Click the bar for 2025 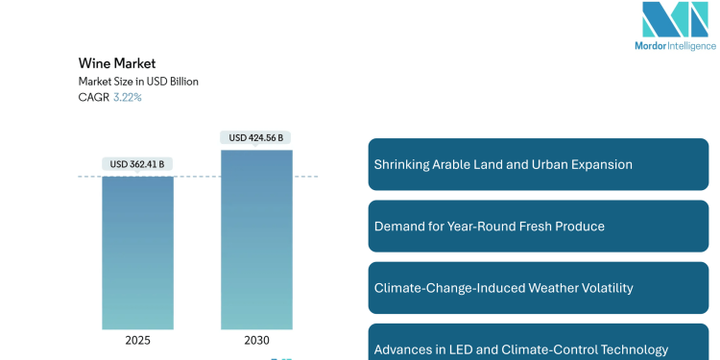click(138, 252)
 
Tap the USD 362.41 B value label click(138, 164)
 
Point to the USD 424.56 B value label click(256, 137)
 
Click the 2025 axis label click(138, 339)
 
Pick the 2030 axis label click(256, 339)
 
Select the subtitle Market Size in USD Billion click(138, 82)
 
